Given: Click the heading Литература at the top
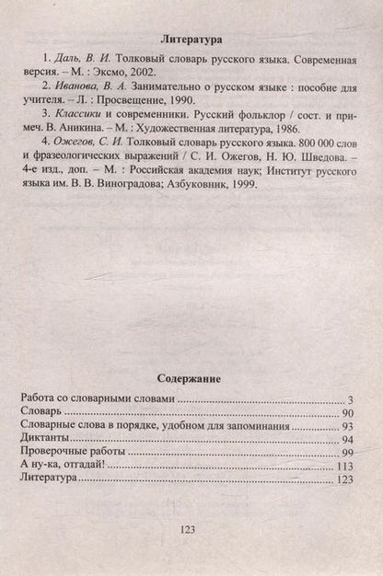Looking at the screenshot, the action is point(191,40).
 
